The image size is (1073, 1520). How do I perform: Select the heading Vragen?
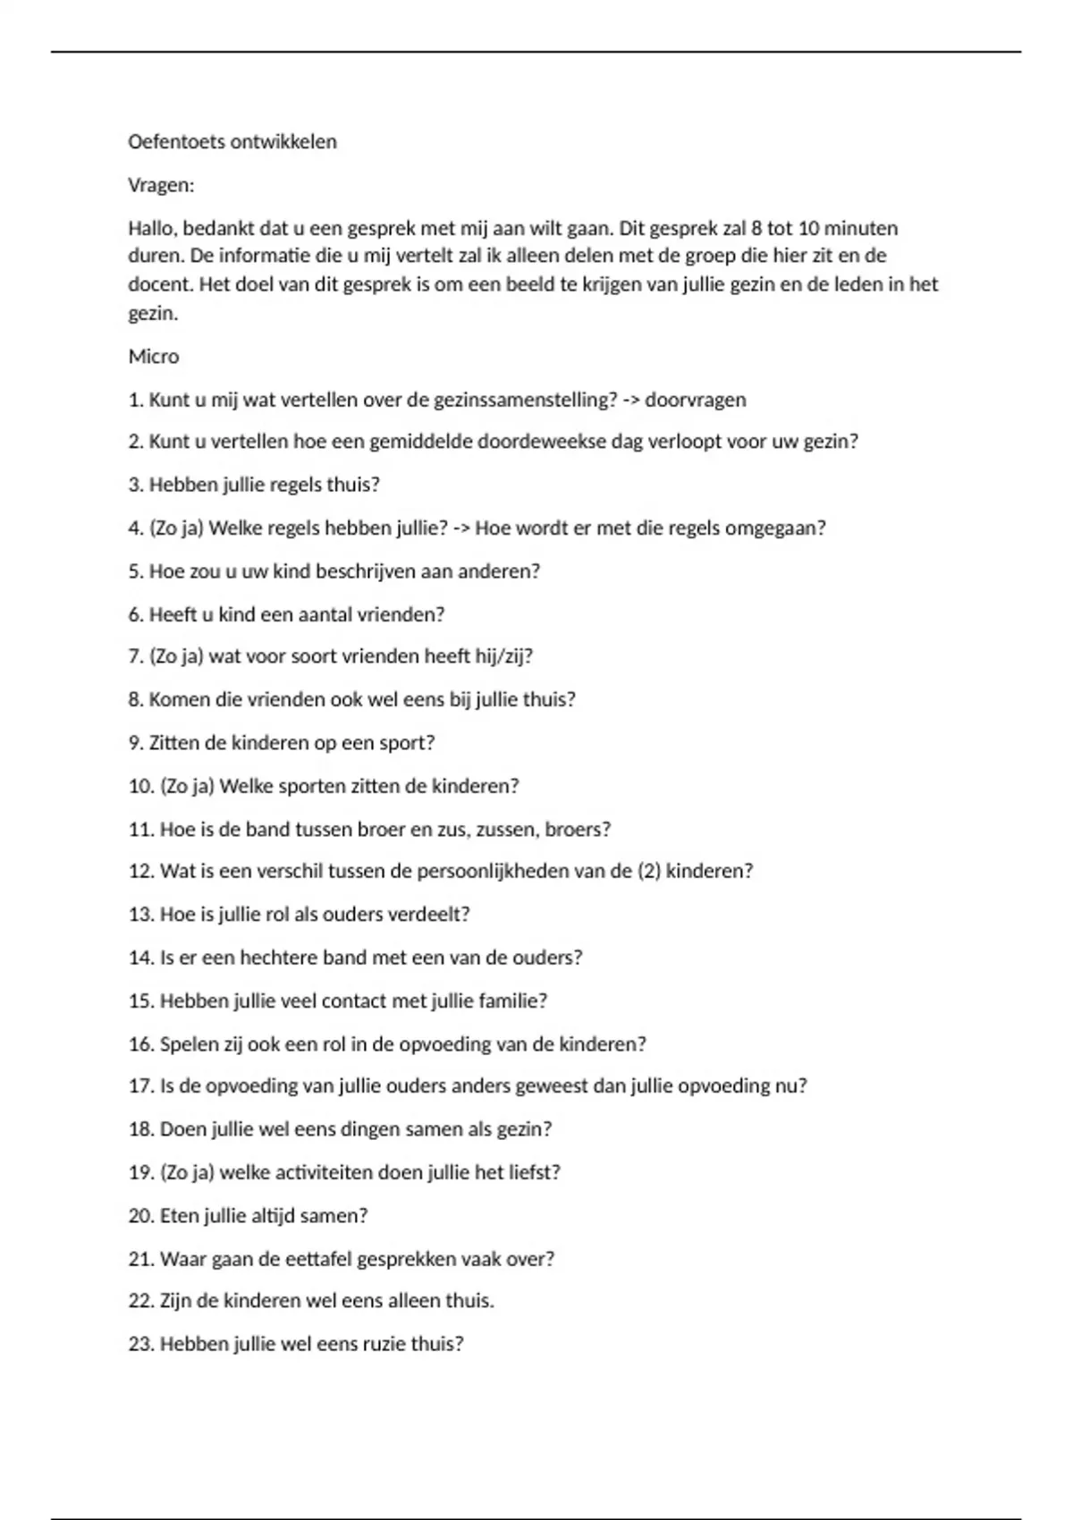[x=161, y=186]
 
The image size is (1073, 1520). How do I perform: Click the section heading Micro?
[x=154, y=357]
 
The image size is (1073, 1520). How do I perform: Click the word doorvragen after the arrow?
[x=695, y=401]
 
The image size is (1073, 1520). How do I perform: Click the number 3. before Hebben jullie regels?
[x=136, y=485]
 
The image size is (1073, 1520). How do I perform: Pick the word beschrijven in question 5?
[x=353, y=571]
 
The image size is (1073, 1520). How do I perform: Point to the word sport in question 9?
[x=405, y=743]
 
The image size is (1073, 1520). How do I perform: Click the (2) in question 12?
[x=649, y=871]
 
